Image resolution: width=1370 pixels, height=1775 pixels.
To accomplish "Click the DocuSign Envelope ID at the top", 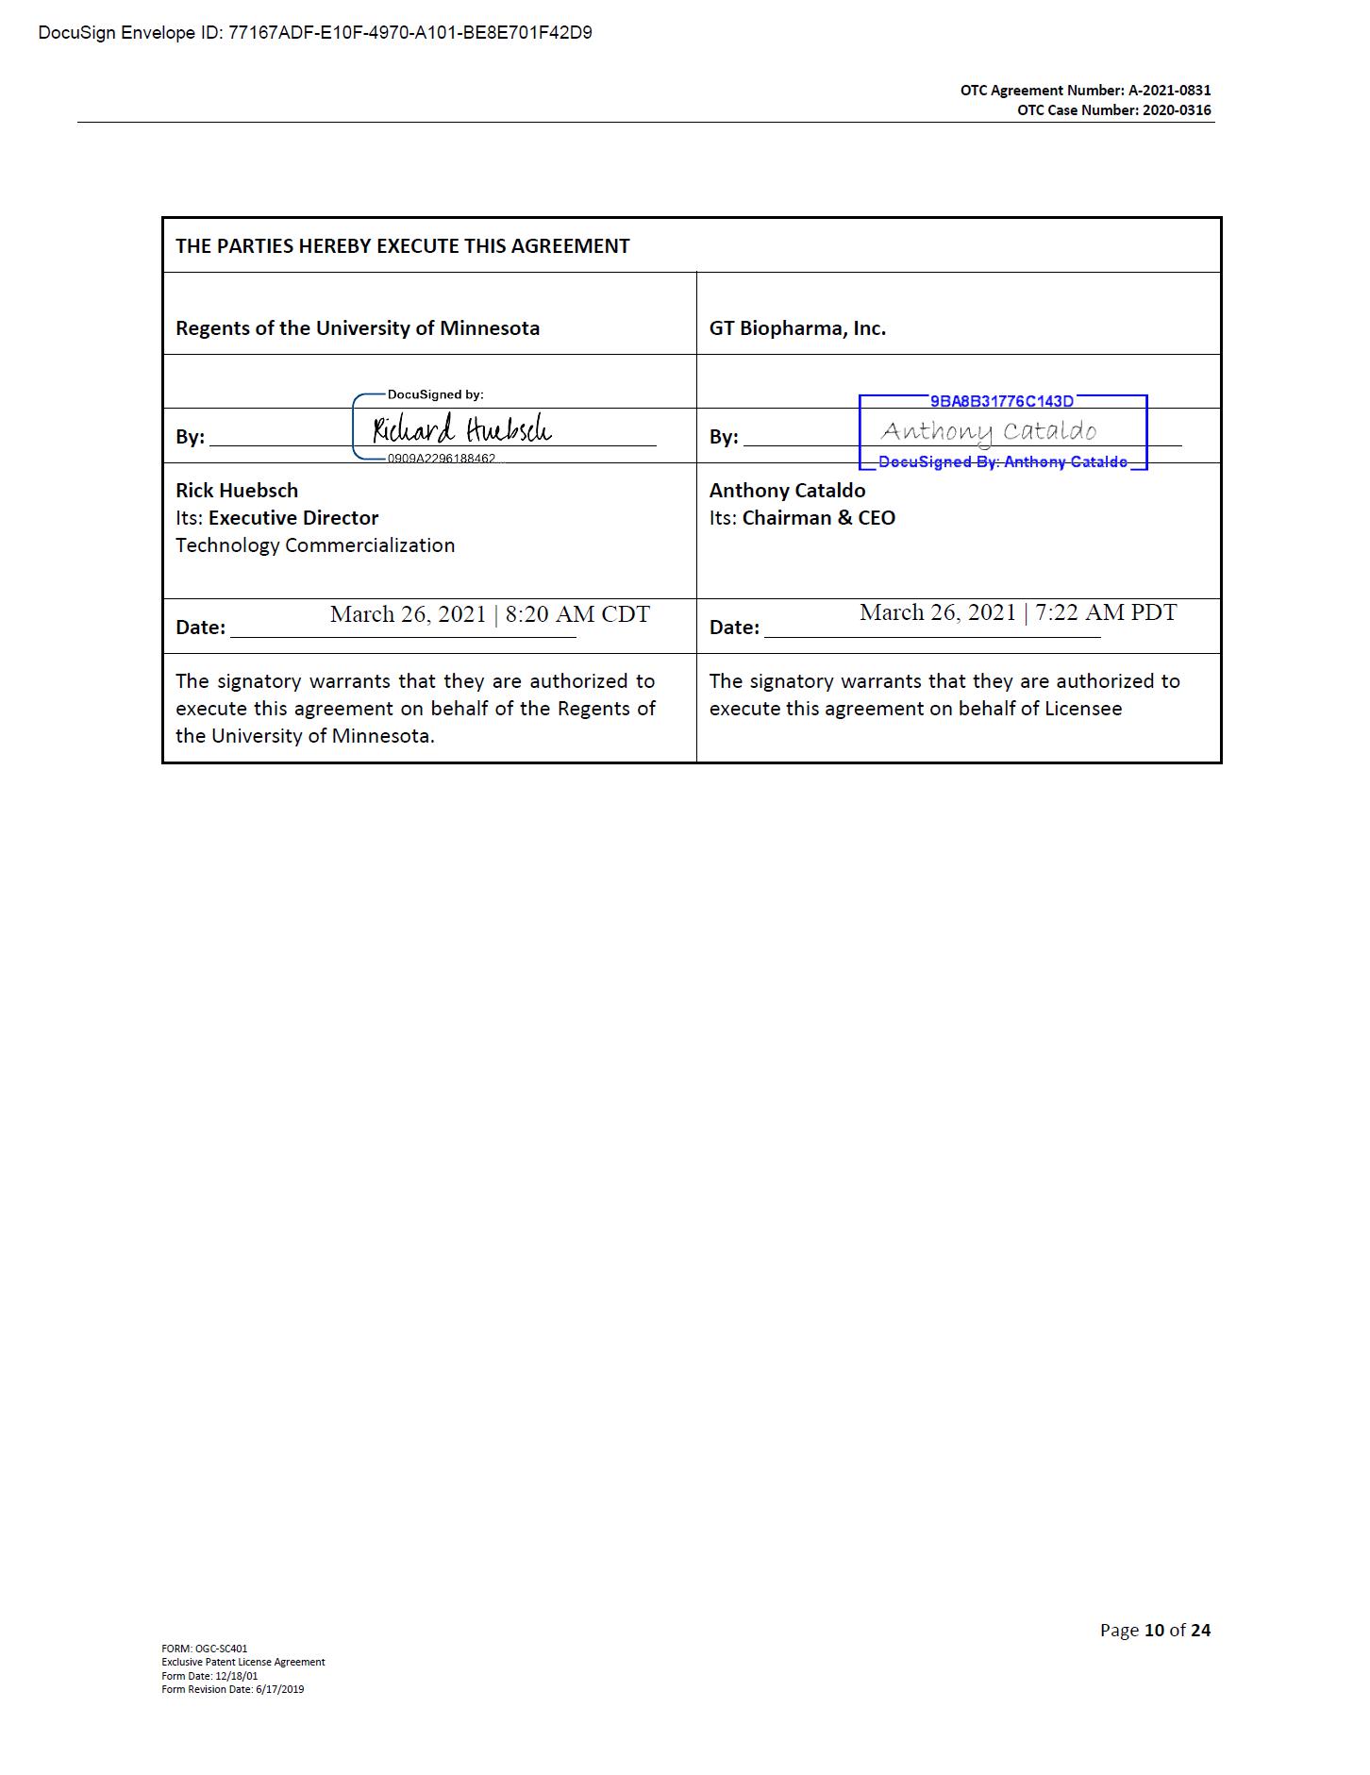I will tap(315, 33).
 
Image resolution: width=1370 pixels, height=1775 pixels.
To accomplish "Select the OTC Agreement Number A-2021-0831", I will tap(1085, 91).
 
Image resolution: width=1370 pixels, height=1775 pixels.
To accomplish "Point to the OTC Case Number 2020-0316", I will tap(1113, 110).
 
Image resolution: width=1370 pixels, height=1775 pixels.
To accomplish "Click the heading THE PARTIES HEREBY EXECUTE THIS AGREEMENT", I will tap(402, 246).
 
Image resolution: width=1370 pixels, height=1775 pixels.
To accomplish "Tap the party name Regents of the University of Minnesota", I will tap(358, 328).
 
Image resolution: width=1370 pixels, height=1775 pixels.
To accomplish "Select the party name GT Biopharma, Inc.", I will tap(797, 328).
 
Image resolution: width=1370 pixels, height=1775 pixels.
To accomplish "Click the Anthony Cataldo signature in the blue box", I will tap(988, 432).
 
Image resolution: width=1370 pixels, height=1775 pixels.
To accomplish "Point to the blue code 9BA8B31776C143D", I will tap(1001, 402).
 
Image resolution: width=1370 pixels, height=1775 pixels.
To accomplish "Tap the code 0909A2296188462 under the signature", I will tap(441, 459).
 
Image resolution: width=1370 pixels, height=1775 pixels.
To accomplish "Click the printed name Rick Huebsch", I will tap(237, 491).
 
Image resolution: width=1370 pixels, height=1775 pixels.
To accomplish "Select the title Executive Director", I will tap(293, 518).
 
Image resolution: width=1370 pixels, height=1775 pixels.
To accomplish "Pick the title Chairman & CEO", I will tap(818, 518).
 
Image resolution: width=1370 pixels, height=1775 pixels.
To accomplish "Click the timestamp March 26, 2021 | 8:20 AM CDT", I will tap(490, 614).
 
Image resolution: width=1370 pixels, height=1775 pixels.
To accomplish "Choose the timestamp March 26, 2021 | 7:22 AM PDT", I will tap(1018, 612).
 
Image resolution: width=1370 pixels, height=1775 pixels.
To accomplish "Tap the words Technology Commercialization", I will tap(315, 545).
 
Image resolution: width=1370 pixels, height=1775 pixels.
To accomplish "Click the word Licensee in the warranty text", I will tap(1083, 709).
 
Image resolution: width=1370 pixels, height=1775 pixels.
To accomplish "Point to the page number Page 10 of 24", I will tap(1155, 1630).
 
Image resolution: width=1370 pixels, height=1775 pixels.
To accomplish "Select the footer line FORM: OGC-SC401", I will tap(205, 1649).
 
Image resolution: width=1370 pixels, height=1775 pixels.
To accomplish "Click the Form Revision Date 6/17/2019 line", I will tap(233, 1689).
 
